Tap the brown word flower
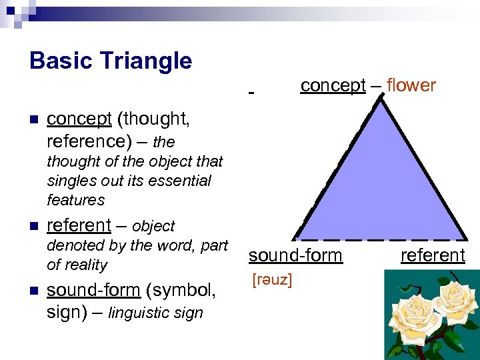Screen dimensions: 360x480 (x=411, y=85)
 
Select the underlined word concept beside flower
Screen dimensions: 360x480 (x=333, y=85)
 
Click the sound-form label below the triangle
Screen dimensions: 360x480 (x=295, y=255)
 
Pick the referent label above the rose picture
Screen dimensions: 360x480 (x=433, y=255)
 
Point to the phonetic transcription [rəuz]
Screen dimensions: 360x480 (x=271, y=280)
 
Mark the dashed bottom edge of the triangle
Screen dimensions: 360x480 (x=380, y=238)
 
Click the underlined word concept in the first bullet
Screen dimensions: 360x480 (x=79, y=119)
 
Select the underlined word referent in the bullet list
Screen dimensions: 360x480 (x=79, y=225)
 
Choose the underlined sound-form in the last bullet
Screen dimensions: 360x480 (x=93, y=290)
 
